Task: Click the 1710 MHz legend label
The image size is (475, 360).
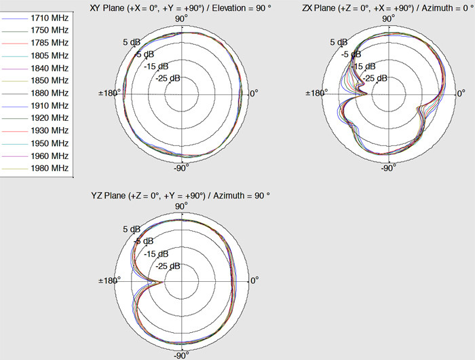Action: (50, 18)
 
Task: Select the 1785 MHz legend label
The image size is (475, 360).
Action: (50, 43)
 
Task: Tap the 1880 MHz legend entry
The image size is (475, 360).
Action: (50, 93)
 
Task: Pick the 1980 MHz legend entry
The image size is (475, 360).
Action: (50, 168)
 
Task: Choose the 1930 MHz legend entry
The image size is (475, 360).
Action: (50, 130)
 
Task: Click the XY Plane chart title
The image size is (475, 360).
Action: (180, 8)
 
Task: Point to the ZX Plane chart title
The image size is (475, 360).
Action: (388, 8)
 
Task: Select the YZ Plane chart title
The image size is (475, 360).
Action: (180, 196)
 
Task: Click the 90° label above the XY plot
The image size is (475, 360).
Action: (181, 19)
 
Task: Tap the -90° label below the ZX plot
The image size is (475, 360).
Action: (388, 168)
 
